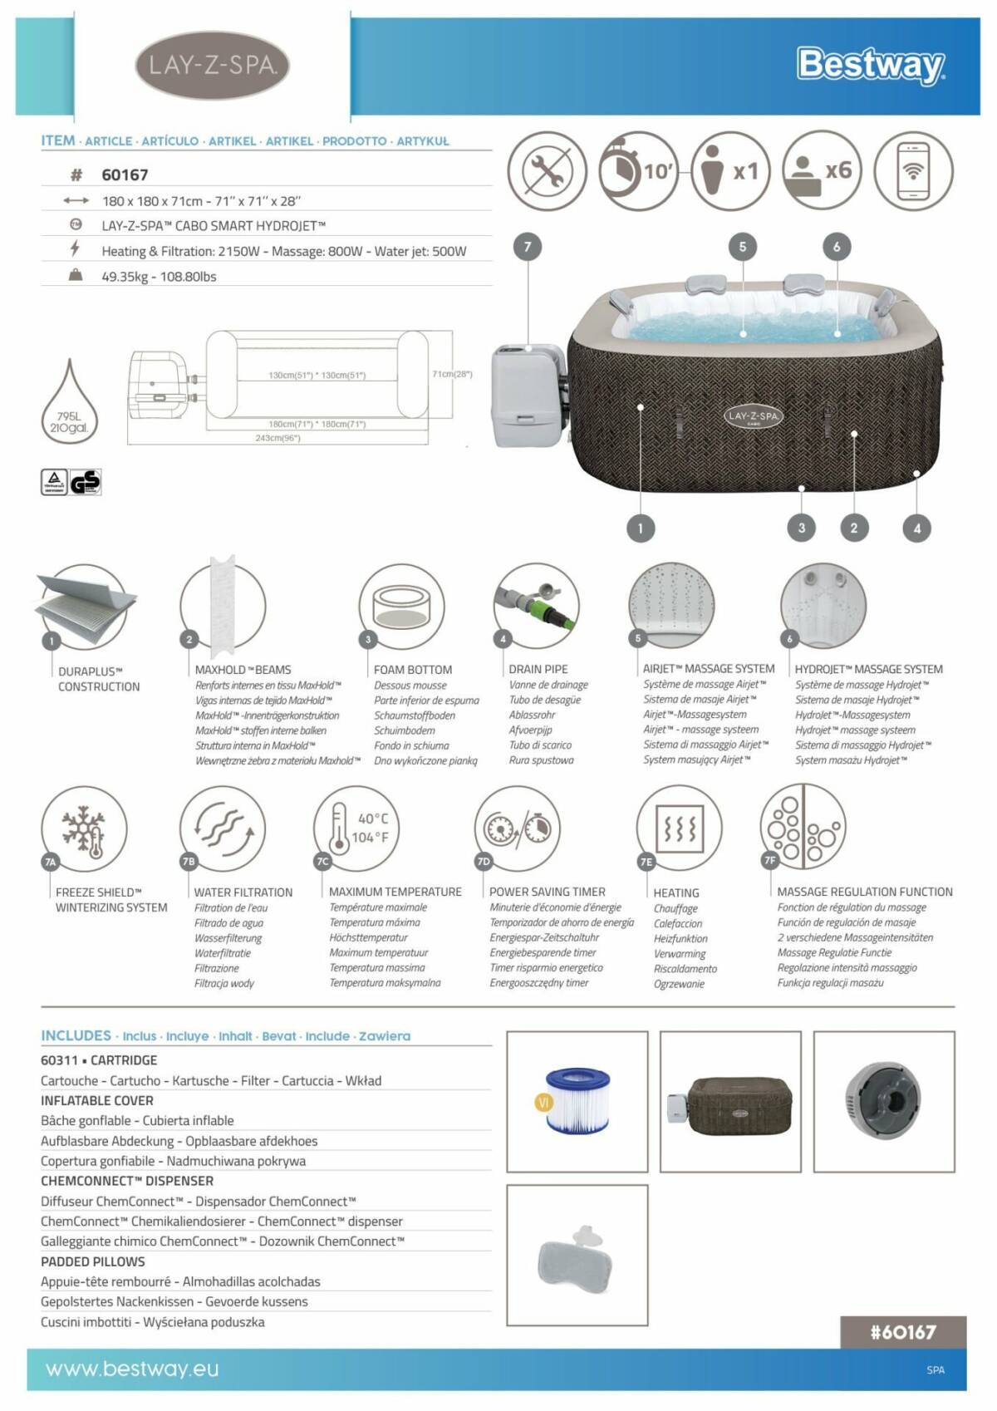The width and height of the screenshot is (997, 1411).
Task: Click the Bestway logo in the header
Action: click(x=870, y=65)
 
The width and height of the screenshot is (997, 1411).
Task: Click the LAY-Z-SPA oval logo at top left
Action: click(x=212, y=66)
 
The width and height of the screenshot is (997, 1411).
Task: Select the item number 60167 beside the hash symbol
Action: click(x=125, y=175)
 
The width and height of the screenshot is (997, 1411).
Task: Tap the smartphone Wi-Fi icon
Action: click(x=913, y=170)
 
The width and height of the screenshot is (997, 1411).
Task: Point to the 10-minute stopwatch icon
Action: click(x=638, y=170)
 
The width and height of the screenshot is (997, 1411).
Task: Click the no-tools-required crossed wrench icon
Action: click(x=548, y=170)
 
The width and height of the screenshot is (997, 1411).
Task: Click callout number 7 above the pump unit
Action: click(x=528, y=246)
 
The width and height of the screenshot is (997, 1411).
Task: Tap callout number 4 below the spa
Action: click(x=916, y=528)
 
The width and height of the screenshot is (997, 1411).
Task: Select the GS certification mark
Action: click(x=85, y=482)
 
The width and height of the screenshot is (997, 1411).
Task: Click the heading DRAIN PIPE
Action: click(x=538, y=669)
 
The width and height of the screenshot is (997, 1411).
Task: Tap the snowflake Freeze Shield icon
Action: click(x=85, y=829)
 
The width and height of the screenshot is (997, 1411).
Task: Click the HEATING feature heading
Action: click(x=676, y=892)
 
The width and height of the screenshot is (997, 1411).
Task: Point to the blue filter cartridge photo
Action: click(x=577, y=1100)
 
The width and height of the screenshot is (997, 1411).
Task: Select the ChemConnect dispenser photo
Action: click(x=883, y=1100)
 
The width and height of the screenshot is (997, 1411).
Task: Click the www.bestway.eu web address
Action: click(x=132, y=1369)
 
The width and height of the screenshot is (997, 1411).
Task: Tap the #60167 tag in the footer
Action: click(x=903, y=1332)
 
